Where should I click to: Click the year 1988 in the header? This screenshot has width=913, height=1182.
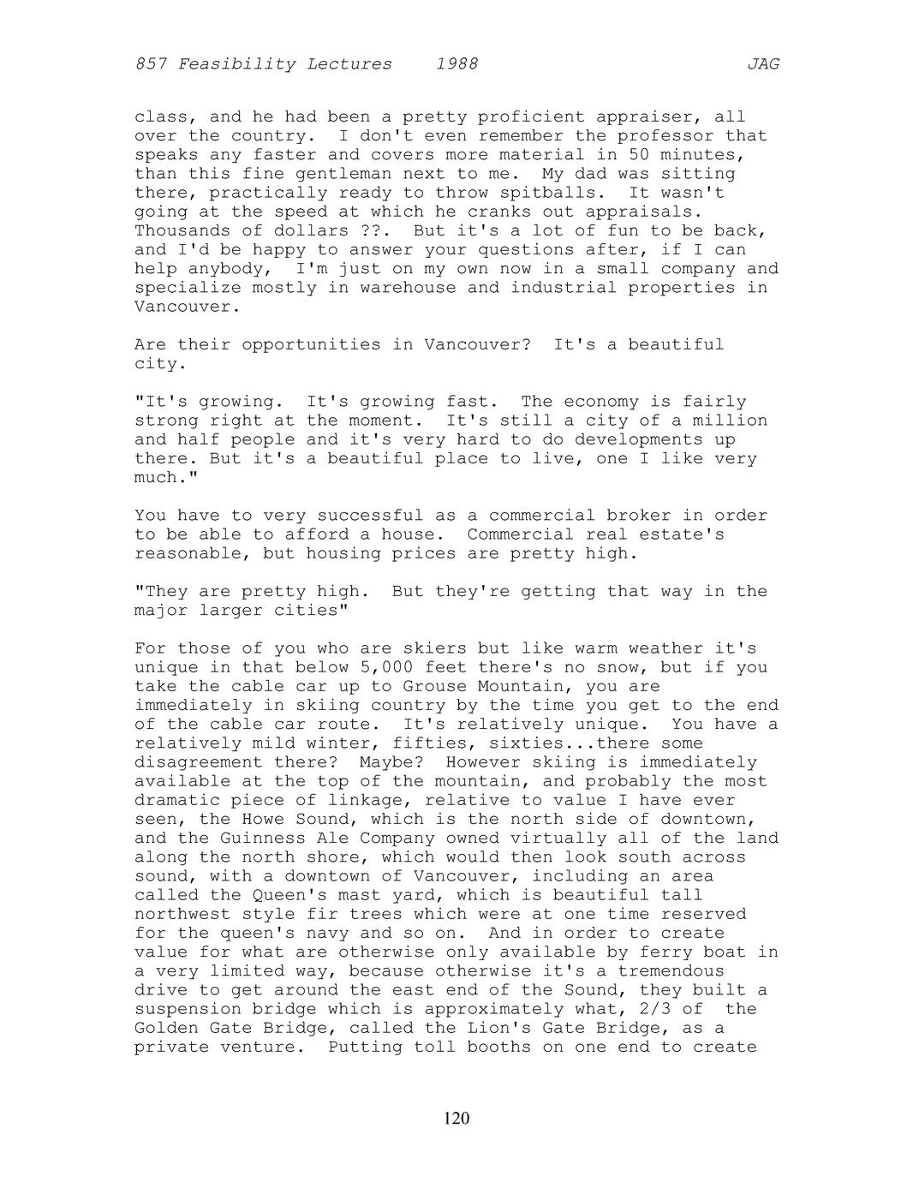coord(456,64)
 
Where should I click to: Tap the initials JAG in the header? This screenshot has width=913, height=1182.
coord(762,64)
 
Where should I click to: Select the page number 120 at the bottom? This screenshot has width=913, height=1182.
coord(456,1119)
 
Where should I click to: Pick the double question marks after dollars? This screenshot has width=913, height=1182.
coord(366,230)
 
